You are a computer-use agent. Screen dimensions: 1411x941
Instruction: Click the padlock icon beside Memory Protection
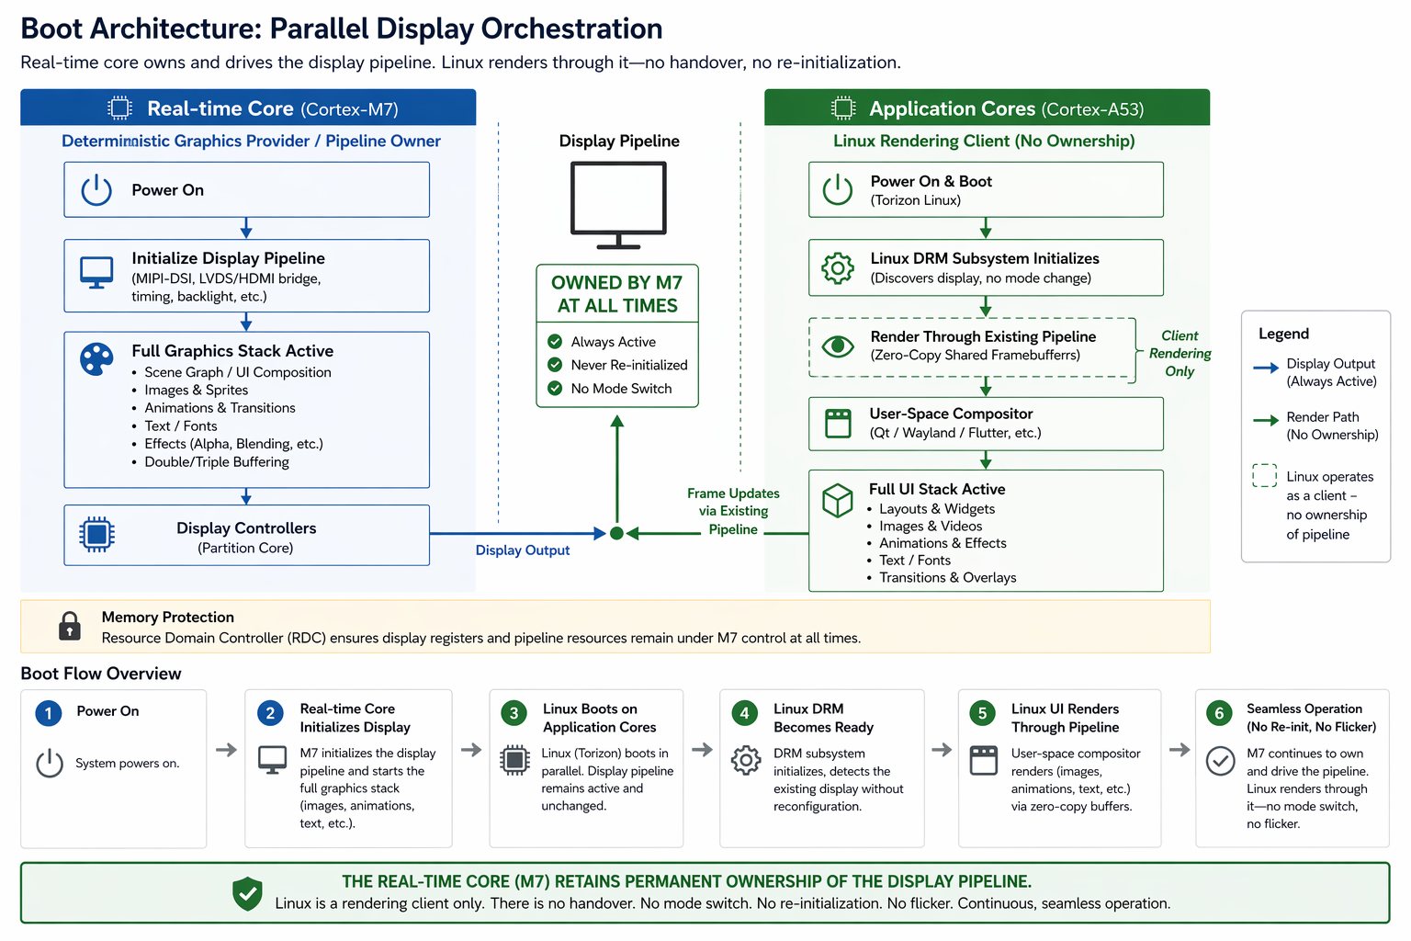point(69,626)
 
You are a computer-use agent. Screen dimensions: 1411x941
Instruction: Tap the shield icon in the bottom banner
point(247,893)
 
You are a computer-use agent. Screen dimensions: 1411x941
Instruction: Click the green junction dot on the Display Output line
point(616,533)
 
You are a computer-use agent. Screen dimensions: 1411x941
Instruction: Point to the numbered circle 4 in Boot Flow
point(745,713)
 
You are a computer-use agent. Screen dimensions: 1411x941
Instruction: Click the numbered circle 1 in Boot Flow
point(49,713)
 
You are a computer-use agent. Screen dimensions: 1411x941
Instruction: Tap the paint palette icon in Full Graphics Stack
point(96,359)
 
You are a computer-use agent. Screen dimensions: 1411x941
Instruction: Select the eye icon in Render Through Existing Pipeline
point(838,346)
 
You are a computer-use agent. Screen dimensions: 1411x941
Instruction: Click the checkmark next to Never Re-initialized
point(555,365)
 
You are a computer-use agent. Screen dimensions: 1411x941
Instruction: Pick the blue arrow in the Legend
point(1266,368)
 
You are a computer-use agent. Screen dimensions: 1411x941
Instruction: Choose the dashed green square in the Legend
point(1264,475)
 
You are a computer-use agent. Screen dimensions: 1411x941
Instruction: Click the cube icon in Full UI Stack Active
point(838,501)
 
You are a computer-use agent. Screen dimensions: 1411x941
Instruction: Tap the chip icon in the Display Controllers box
point(96,535)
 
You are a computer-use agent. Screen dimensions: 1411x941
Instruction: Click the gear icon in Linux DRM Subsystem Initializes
point(838,268)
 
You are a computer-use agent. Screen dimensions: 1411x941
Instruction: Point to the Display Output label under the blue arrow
point(522,550)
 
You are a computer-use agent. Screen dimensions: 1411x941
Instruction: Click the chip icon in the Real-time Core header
point(119,108)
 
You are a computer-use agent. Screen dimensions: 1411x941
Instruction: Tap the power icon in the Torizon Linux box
point(838,189)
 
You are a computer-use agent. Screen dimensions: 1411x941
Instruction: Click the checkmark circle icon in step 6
point(1220,761)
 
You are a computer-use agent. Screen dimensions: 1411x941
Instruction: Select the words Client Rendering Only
point(1180,354)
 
